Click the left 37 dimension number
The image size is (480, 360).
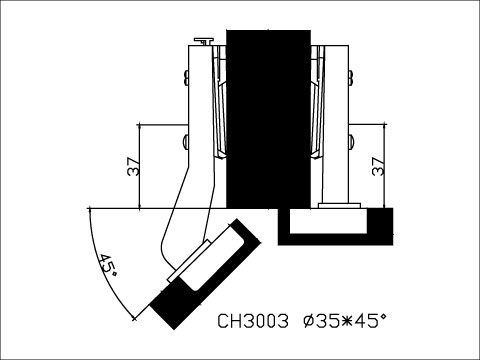point(134,167)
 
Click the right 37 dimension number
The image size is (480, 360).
point(377,167)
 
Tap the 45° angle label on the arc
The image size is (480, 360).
point(108,266)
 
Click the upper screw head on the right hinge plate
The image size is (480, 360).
point(350,76)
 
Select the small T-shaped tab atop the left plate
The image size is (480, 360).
point(203,41)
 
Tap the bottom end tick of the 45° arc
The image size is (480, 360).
point(135,317)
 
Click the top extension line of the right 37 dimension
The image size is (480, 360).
point(368,125)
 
